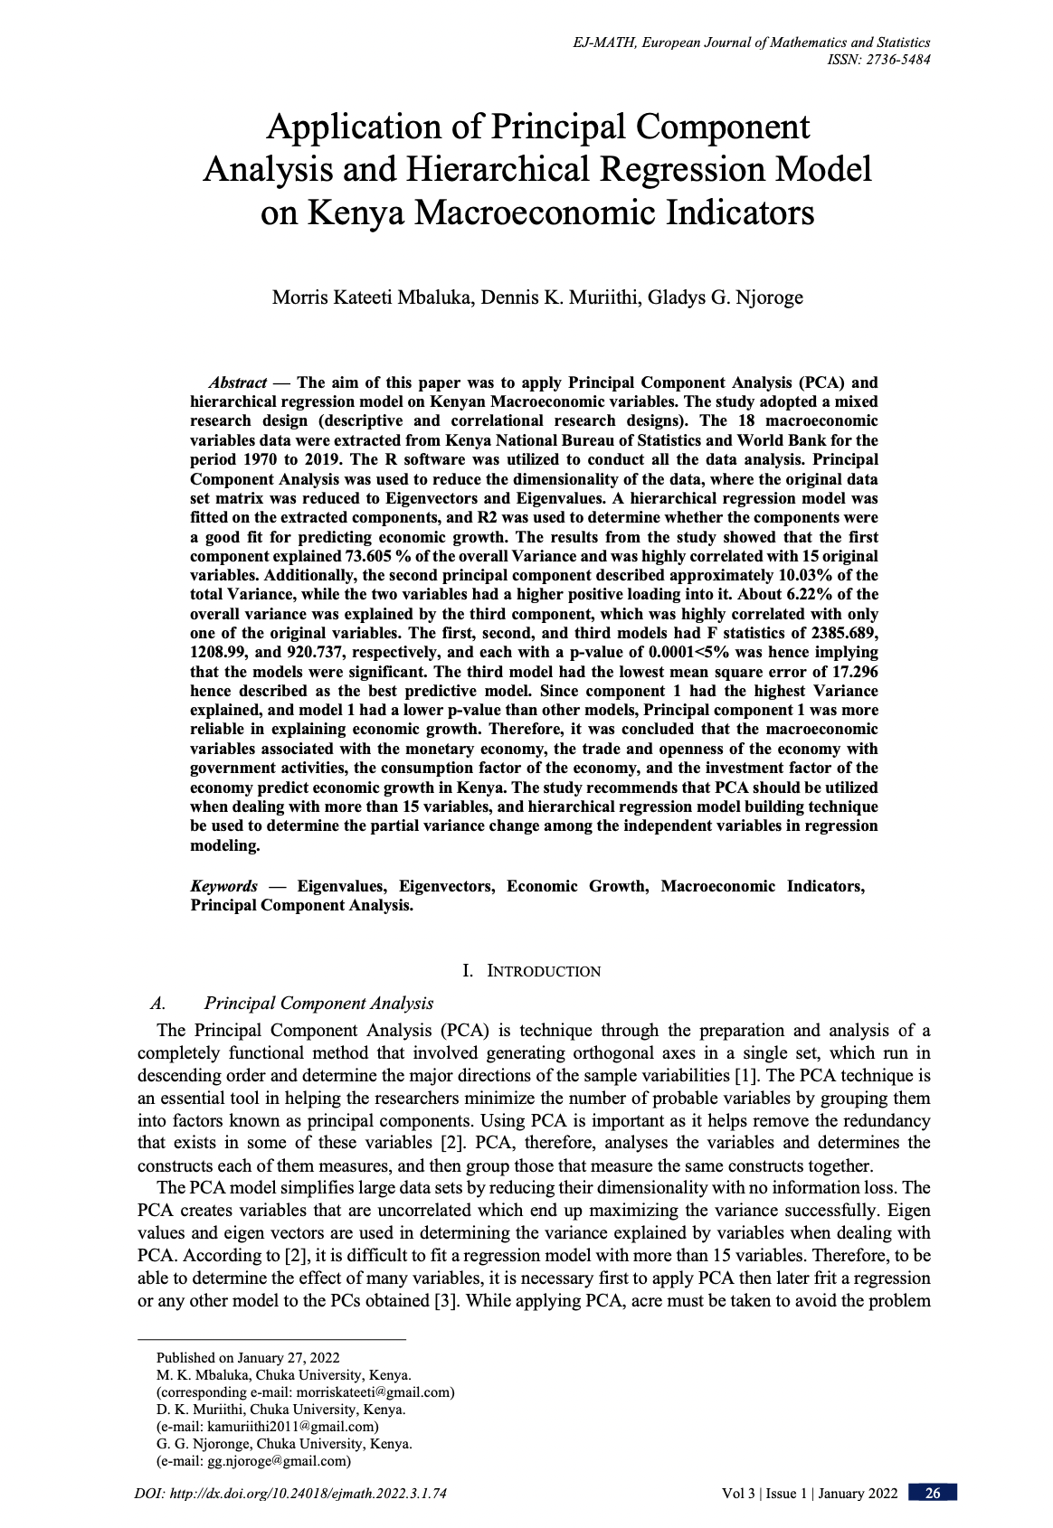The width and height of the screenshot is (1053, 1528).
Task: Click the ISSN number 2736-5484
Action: [x=896, y=60]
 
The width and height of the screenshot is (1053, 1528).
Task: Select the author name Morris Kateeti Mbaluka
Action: [x=372, y=297]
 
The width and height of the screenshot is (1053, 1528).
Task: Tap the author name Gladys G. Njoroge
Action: [x=725, y=297]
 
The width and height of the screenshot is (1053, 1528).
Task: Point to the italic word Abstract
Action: [x=237, y=382]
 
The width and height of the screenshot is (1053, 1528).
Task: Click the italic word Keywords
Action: [x=223, y=886]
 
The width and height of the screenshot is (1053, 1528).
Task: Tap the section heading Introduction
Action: [x=543, y=971]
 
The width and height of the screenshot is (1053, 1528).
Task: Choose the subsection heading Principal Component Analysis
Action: [x=318, y=1003]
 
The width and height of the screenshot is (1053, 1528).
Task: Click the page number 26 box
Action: [x=933, y=1493]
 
